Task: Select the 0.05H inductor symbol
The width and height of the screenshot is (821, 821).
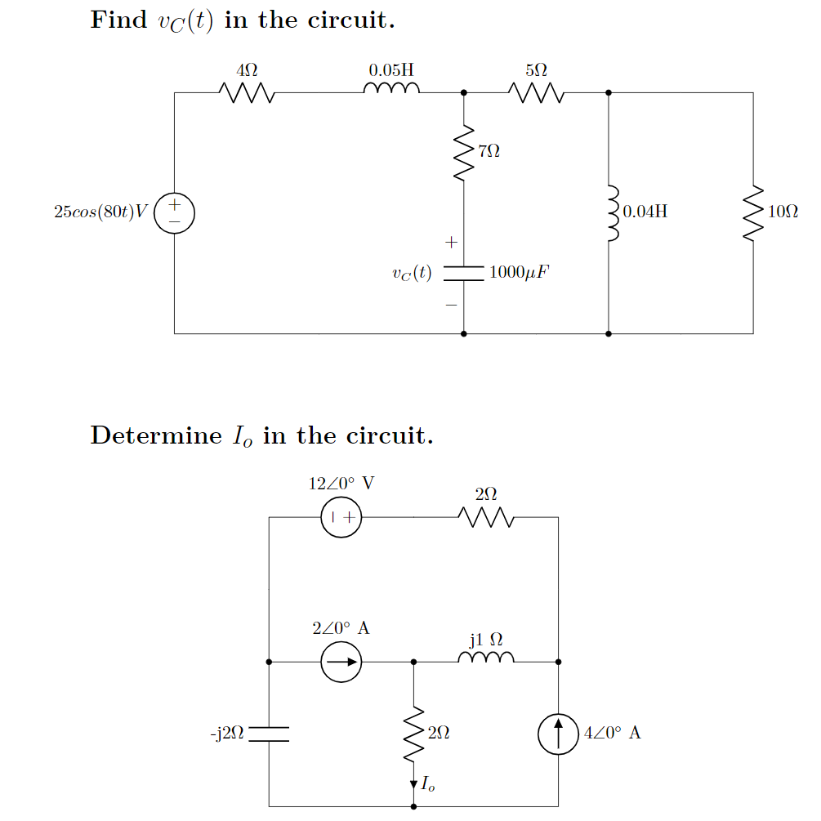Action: tap(393, 89)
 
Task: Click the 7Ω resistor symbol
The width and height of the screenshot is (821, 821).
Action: tap(464, 153)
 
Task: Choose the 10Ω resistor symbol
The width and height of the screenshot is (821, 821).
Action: tap(752, 213)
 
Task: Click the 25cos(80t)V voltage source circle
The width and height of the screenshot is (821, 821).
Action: tap(174, 213)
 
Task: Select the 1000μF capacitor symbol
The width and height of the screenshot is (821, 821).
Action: tap(464, 273)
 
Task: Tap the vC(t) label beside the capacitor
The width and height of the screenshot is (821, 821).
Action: tap(412, 273)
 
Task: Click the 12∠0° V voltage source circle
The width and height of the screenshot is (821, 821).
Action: tap(341, 517)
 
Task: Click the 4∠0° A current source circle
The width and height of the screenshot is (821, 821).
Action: tap(558, 734)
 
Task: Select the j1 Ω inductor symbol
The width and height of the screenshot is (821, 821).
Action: tap(486, 658)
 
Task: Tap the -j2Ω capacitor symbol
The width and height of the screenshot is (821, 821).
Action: tap(269, 734)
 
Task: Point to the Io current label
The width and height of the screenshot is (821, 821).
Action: tap(428, 785)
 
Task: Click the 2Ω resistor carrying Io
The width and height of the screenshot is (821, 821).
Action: tap(413, 733)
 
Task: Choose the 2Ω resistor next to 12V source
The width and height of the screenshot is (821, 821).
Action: tap(485, 517)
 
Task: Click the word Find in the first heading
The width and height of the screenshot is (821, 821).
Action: tap(118, 20)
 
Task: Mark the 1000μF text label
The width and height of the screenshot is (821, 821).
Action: tap(519, 273)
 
